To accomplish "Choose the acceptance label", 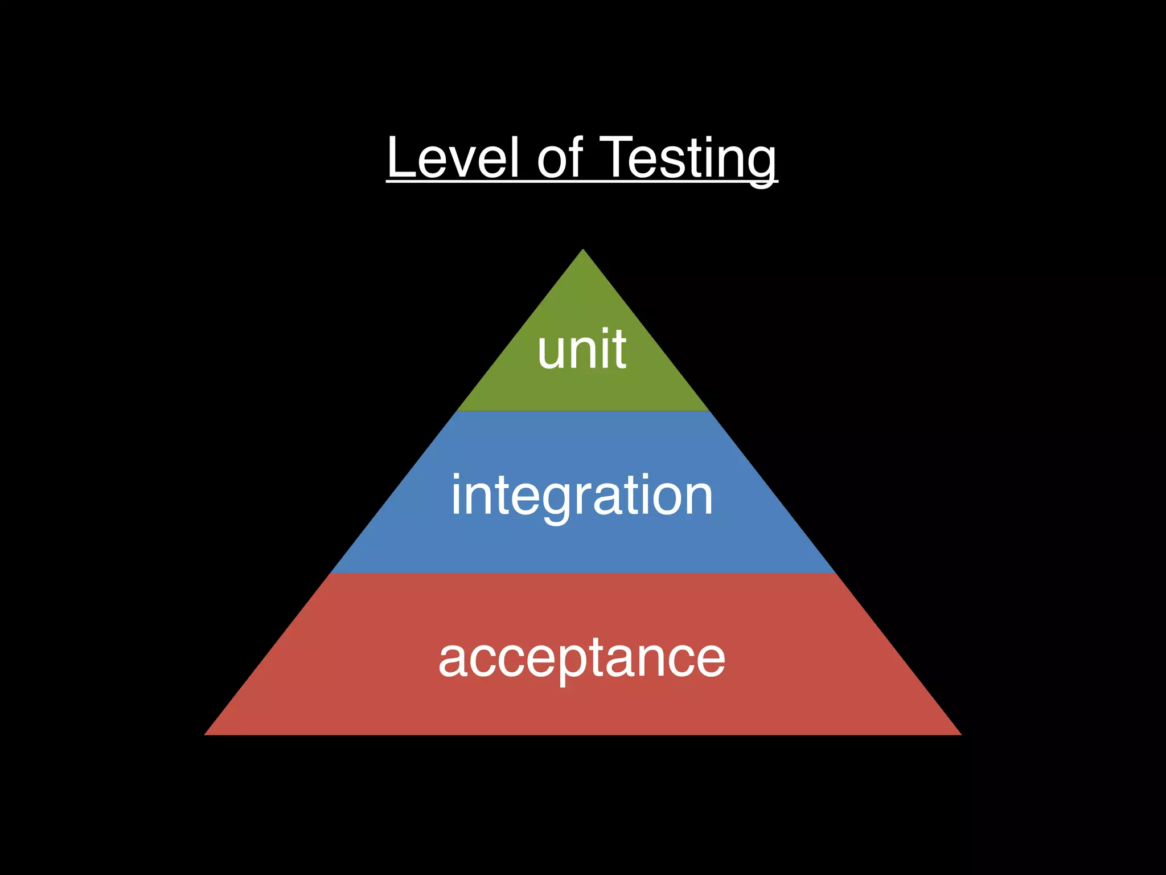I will (582, 659).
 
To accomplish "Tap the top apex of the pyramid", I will (583, 250).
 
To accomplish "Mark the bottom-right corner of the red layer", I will (960, 734).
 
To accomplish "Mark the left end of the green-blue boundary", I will (457, 411).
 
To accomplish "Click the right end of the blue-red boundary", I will (835, 573).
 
